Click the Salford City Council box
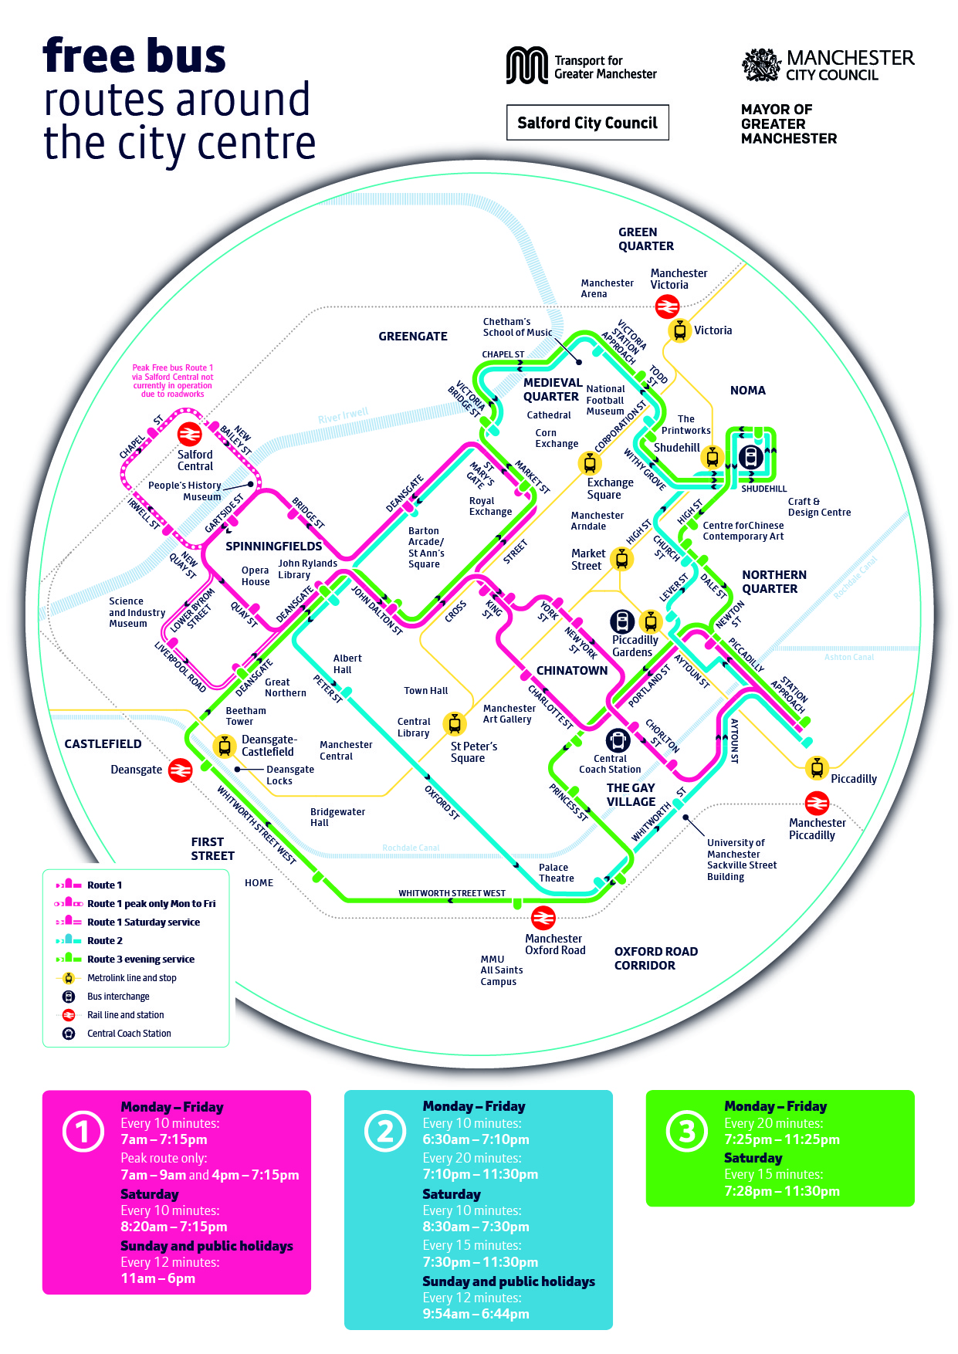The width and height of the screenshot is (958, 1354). click(587, 123)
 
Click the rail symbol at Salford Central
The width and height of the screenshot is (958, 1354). click(189, 435)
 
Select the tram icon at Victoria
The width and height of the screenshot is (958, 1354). click(680, 330)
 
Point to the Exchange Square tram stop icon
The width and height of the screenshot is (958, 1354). click(590, 463)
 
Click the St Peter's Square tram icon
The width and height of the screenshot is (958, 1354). click(455, 724)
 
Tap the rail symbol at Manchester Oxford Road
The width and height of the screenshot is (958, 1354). click(543, 918)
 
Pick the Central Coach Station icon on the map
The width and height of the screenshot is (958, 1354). click(617, 740)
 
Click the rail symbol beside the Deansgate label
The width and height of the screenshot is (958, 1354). click(180, 770)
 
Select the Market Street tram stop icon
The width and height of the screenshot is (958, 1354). click(621, 558)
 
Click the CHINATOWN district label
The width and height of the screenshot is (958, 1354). click(572, 670)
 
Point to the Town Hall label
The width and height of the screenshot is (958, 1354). click(425, 691)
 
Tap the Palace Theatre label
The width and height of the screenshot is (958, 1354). click(556, 873)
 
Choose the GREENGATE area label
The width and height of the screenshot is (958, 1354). click(413, 337)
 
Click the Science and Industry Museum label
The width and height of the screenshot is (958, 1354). click(137, 612)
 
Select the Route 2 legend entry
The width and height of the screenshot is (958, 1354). click(104, 941)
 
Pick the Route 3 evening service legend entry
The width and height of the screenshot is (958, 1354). click(140, 960)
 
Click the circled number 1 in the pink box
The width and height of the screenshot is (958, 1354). click(83, 1132)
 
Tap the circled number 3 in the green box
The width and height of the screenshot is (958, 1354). click(686, 1132)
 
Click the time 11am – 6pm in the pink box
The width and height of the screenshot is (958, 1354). click(158, 1278)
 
